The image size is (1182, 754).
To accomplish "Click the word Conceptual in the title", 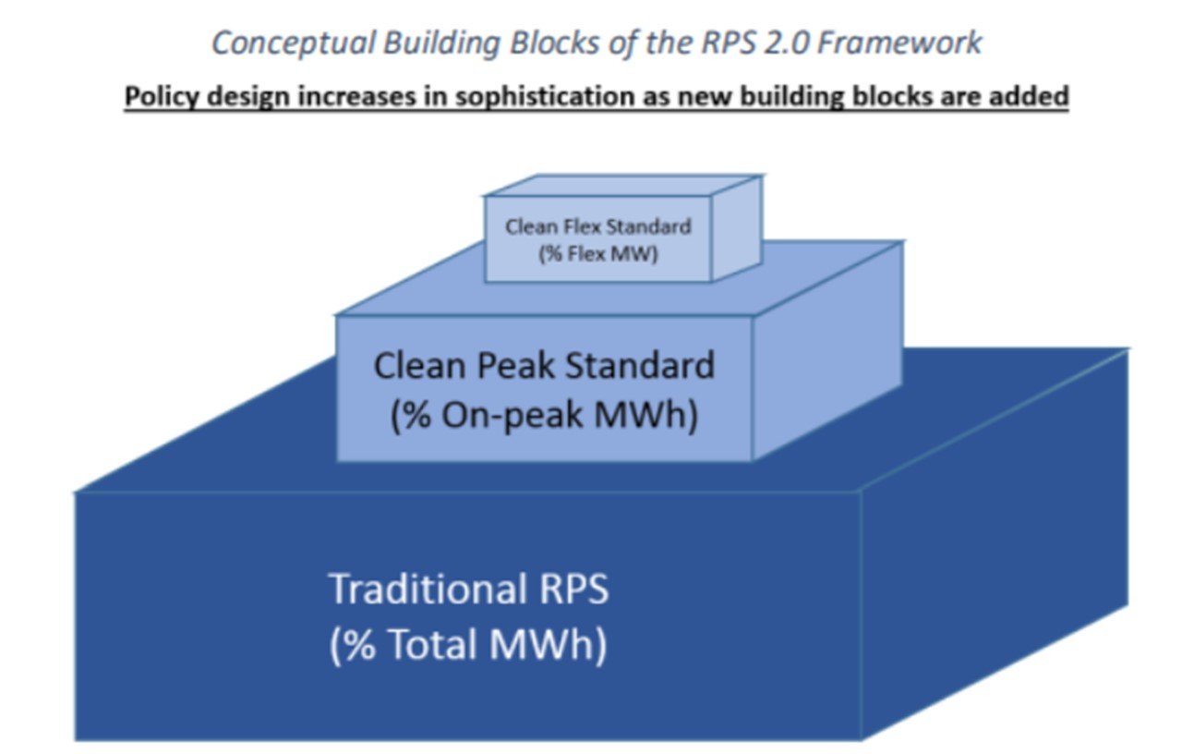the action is [x=294, y=43].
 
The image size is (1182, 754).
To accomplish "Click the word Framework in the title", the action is [x=899, y=43].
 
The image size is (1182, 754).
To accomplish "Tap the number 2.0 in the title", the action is [x=786, y=43].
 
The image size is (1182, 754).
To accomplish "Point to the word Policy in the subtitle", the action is [x=162, y=97].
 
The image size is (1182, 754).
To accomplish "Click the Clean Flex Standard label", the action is [x=597, y=227].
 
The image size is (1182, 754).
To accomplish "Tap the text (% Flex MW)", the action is [x=597, y=254].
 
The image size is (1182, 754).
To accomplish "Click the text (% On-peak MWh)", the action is [x=544, y=416].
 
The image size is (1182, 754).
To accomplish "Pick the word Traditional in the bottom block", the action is [x=428, y=589].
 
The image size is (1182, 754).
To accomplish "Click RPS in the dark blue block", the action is [x=573, y=589].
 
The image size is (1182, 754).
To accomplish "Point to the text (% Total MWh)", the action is [x=468, y=645].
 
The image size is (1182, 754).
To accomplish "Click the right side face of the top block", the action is [x=737, y=229].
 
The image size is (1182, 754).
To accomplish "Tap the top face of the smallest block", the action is [x=622, y=186].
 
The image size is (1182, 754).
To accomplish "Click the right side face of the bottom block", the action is [x=995, y=544].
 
